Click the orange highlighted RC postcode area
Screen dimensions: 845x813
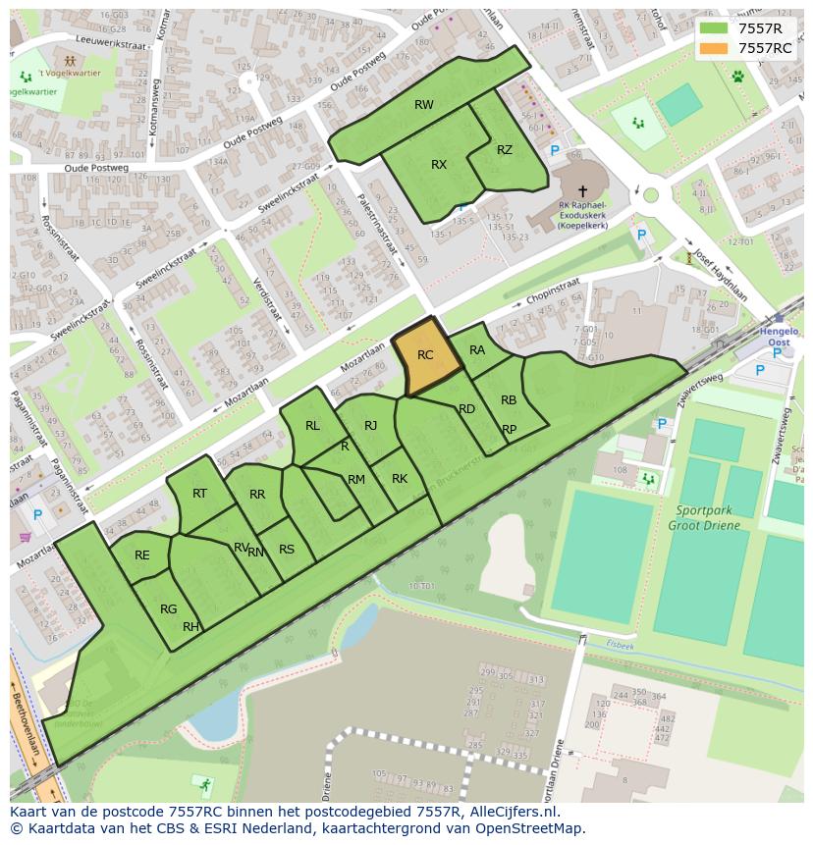[x=428, y=357]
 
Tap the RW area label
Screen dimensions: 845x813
[x=423, y=105]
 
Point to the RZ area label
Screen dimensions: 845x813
[x=505, y=150]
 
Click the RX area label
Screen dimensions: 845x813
[x=439, y=165]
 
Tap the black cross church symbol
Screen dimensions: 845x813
[x=582, y=191]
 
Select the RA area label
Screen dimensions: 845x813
[x=477, y=350]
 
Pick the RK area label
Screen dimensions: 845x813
[x=400, y=479]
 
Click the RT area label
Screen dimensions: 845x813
[x=199, y=494]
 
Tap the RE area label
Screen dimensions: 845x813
[x=142, y=555]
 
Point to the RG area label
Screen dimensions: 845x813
[x=169, y=609]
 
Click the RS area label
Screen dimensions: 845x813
[x=287, y=550]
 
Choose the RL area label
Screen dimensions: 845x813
[x=312, y=426]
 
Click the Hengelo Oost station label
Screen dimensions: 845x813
[x=780, y=339]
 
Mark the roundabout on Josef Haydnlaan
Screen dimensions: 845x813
[x=650, y=195]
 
